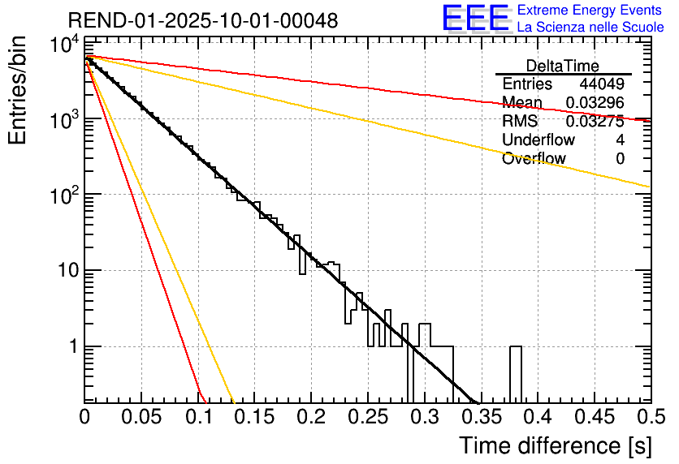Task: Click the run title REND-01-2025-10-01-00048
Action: tap(202, 20)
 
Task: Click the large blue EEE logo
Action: tap(475, 19)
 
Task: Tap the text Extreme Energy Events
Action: tap(589, 11)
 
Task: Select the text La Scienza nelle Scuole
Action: tap(590, 28)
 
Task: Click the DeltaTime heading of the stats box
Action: tap(563, 66)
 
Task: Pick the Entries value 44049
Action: tap(601, 84)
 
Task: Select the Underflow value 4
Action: tap(620, 140)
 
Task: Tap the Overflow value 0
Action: tap(620, 159)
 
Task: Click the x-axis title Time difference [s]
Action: tap(555, 445)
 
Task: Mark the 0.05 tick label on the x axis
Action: tap(141, 416)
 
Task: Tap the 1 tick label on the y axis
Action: tap(71, 346)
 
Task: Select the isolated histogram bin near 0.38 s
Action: tap(515, 373)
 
